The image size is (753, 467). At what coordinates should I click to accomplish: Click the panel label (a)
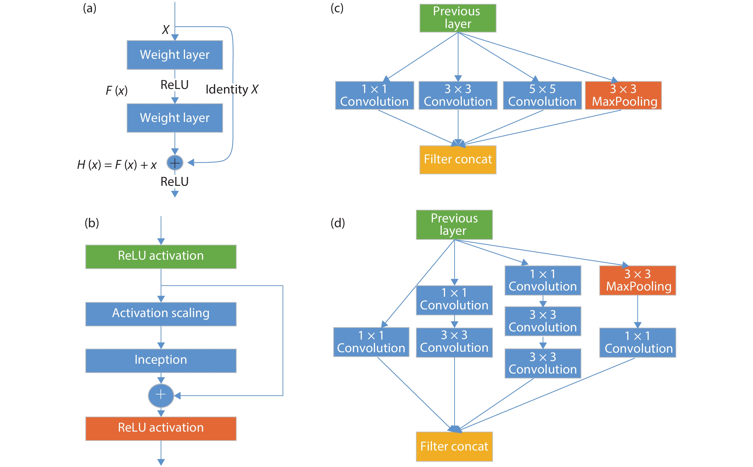click(x=90, y=8)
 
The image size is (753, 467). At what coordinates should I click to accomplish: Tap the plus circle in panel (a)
click(x=175, y=163)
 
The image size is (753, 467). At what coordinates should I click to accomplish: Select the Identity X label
click(x=232, y=90)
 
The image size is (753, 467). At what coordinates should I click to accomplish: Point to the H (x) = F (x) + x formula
click(x=117, y=165)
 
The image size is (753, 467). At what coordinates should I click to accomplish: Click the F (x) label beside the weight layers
click(x=116, y=90)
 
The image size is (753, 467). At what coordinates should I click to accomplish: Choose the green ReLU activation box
click(x=161, y=257)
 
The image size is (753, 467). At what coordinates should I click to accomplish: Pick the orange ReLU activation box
click(x=161, y=429)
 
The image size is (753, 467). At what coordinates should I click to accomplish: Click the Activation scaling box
click(x=161, y=314)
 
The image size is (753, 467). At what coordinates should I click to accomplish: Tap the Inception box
click(x=161, y=360)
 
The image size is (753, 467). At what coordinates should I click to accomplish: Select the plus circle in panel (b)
click(x=161, y=395)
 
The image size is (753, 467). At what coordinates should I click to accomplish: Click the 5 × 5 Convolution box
click(x=542, y=95)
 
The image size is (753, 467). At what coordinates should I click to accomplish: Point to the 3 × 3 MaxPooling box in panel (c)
click(x=623, y=95)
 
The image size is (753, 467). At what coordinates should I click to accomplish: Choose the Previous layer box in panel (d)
click(x=454, y=225)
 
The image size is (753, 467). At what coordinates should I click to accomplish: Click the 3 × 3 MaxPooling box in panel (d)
click(x=638, y=280)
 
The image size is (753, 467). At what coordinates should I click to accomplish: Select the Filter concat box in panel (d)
click(x=454, y=446)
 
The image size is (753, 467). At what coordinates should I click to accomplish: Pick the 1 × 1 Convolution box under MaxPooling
click(x=638, y=342)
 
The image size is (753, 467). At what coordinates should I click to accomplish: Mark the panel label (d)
click(x=338, y=223)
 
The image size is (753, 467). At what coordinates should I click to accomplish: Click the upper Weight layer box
click(x=175, y=55)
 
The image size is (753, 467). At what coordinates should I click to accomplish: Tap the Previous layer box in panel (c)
click(x=458, y=18)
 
